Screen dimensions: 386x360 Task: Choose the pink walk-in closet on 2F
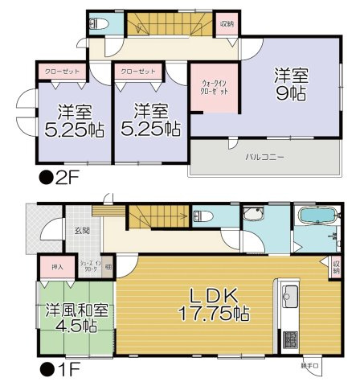[x=214, y=86]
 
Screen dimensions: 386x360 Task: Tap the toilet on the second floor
[x=99, y=24]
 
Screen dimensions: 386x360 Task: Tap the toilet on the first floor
[x=202, y=216]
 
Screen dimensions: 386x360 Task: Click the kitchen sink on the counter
[x=288, y=295]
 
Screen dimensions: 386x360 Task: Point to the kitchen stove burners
[x=289, y=338]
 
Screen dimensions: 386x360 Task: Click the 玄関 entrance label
[x=83, y=230]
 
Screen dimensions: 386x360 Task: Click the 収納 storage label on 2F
[x=227, y=24]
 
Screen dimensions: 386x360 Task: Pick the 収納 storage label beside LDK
[x=335, y=267]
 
